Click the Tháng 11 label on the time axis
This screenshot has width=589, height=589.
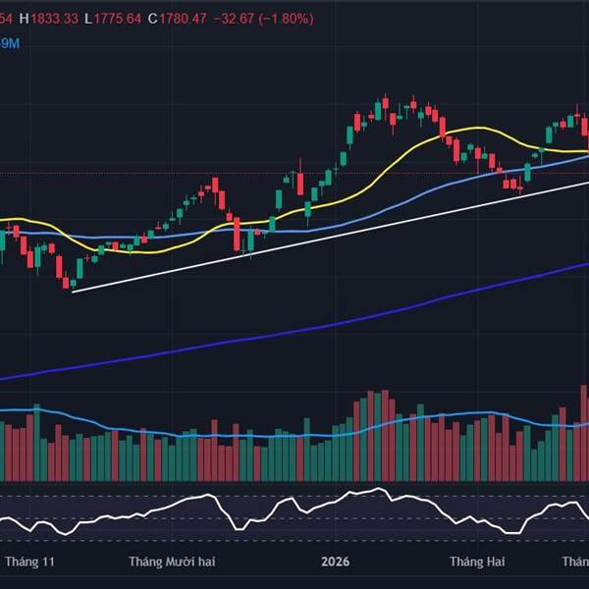pyautogui.click(x=29, y=562)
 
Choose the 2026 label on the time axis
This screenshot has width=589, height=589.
pyautogui.click(x=336, y=562)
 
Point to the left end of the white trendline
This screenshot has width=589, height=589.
pyautogui.click(x=74, y=292)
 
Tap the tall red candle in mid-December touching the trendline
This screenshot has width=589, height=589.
pyautogui.click(x=238, y=234)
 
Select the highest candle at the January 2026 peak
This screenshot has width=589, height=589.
pyautogui.click(x=386, y=106)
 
